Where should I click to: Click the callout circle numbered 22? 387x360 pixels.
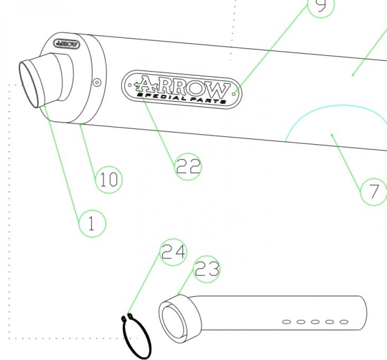pos(188,167)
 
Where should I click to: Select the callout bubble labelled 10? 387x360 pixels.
pos(109,180)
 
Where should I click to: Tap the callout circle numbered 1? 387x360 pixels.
pos(92,223)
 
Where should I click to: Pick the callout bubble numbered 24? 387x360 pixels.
pos(173,252)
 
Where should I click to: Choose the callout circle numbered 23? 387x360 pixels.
pos(207,270)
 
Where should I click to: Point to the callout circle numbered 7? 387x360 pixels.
pos(374,192)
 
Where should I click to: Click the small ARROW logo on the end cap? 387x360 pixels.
pos(67,44)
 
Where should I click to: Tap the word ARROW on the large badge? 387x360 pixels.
pos(183,85)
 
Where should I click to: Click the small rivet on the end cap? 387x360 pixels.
pos(96,83)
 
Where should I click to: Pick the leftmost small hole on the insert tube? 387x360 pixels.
pos(286,322)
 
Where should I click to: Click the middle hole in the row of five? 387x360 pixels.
pos(315,322)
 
